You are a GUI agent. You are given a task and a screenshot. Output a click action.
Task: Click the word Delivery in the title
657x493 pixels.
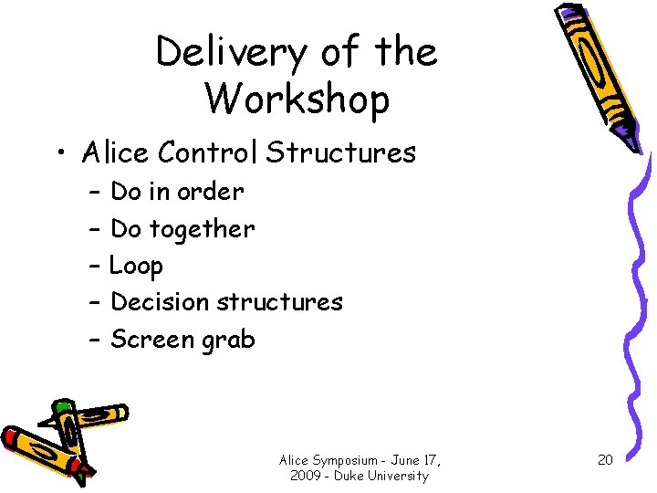pyautogui.click(x=231, y=53)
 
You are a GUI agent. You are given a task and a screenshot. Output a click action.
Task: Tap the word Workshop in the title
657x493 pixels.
pyautogui.click(x=297, y=98)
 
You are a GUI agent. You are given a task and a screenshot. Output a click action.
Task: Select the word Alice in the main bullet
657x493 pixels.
pyautogui.click(x=116, y=152)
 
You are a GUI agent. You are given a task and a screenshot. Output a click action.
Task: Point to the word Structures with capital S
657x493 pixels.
pyautogui.click(x=340, y=152)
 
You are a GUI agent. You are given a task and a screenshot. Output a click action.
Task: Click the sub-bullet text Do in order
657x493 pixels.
pyautogui.click(x=177, y=192)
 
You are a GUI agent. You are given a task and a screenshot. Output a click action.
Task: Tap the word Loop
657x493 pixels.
pyautogui.click(x=136, y=267)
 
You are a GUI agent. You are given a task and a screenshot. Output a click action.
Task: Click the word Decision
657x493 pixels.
pyautogui.click(x=162, y=302)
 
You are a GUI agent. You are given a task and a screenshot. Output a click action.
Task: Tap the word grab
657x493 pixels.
pyautogui.click(x=229, y=341)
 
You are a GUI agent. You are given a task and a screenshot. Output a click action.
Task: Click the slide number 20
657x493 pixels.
pyautogui.click(x=605, y=459)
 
